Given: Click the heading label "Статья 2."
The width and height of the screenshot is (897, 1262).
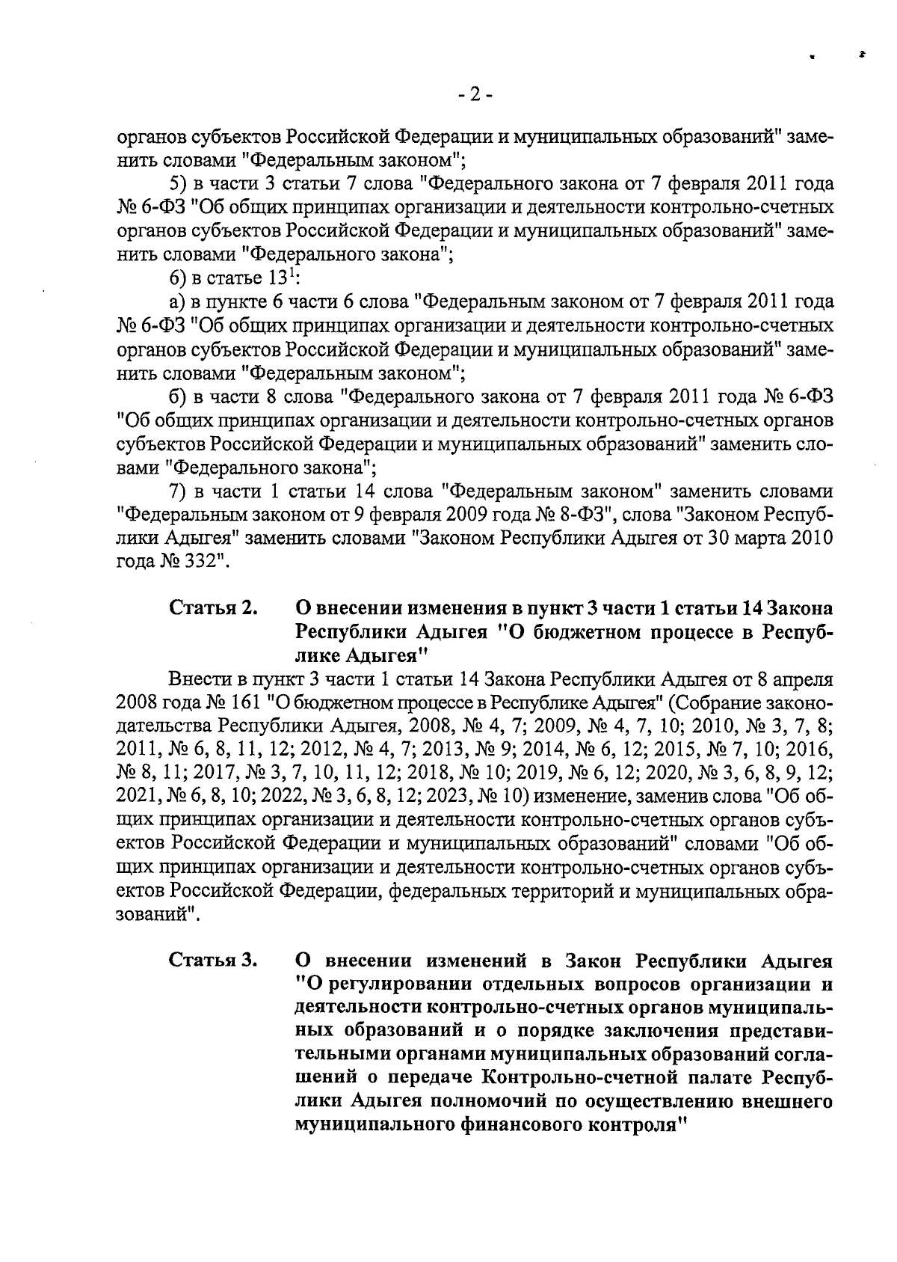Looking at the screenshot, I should coord(213,607).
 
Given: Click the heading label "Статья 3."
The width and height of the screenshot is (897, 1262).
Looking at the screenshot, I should coord(213,960).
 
